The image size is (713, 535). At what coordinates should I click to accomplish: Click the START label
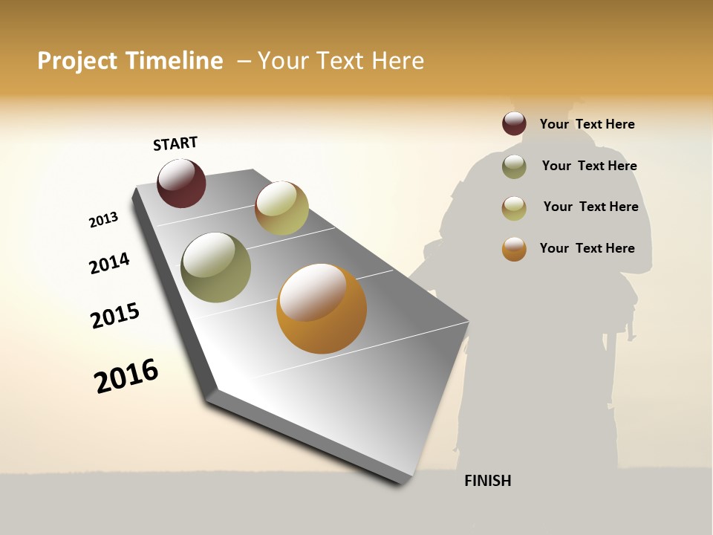(175, 143)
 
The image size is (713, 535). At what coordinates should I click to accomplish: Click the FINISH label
(487, 481)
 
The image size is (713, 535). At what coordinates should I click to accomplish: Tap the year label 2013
(103, 220)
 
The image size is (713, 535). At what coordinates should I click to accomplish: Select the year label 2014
(109, 263)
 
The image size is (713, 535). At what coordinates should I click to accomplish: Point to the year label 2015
(115, 316)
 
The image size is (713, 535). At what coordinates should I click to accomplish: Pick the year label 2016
(126, 375)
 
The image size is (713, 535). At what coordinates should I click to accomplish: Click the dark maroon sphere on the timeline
(181, 183)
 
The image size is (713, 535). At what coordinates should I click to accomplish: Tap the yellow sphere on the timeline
(281, 208)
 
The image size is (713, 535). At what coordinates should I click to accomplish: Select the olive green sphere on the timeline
(215, 267)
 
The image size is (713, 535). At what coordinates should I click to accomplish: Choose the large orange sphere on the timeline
(322, 308)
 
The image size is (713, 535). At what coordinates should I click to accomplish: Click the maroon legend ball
(514, 123)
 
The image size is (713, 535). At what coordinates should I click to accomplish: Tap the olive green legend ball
(514, 166)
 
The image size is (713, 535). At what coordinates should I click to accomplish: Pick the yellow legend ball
(514, 208)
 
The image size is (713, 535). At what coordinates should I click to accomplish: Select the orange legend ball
(514, 249)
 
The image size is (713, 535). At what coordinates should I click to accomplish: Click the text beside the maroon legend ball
(587, 124)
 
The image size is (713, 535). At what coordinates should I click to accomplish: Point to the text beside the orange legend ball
(587, 248)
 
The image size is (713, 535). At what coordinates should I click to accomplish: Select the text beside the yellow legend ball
(590, 207)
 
